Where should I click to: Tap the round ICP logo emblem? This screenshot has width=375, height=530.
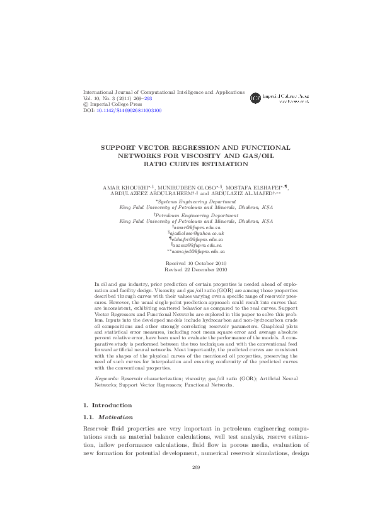coord(255,98)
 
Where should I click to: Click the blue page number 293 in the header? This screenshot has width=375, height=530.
coord(147,98)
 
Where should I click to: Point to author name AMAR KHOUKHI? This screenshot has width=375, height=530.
coord(124,188)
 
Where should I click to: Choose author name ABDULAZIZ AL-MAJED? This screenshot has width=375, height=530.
coord(243,195)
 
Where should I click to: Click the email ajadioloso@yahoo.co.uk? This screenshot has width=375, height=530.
coord(197,234)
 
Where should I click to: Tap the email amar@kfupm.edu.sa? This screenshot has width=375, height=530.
coord(197,227)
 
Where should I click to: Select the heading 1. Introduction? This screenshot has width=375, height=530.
coord(108,388)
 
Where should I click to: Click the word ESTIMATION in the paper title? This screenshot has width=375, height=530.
coord(207,164)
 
